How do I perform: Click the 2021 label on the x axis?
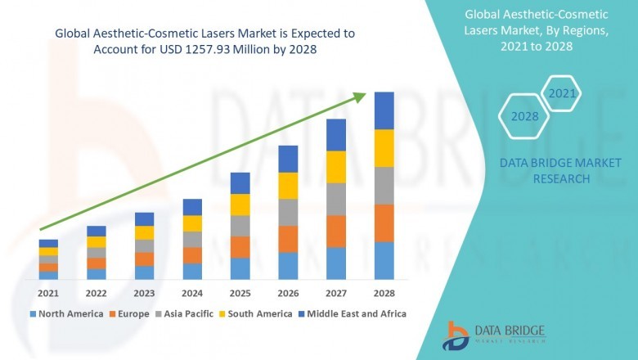[48, 293]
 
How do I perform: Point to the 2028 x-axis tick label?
[384, 293]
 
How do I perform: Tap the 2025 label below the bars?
[240, 293]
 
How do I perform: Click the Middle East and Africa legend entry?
[356, 313]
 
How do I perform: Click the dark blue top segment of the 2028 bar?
[384, 110]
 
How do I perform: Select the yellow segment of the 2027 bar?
[336, 167]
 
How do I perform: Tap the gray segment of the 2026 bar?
[288, 212]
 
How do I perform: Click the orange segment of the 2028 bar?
[384, 223]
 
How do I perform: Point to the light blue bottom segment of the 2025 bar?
[240, 269]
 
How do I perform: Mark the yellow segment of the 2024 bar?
[192, 223]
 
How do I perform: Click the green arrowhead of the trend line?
[360, 97]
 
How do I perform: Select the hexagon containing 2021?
[562, 94]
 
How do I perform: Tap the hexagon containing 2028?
[524, 116]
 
